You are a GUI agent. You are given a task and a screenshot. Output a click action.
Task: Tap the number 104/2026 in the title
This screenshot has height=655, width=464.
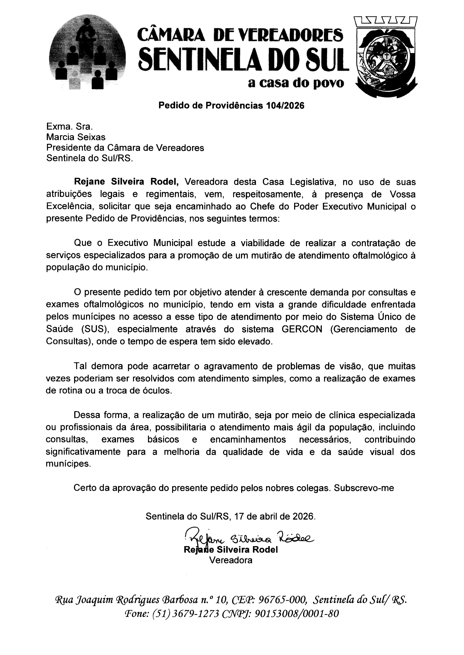(285, 106)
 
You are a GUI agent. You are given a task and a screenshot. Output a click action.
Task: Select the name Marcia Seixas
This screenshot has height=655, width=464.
(76, 137)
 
